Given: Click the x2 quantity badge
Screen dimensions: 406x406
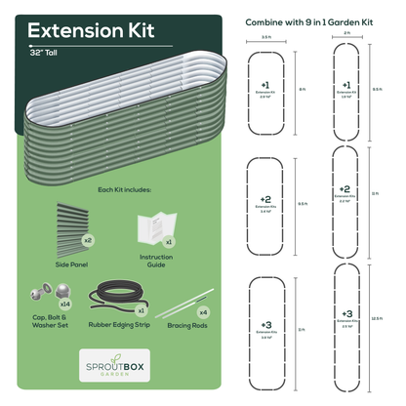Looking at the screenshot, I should point(88,239).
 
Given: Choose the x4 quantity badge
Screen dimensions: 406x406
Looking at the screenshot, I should point(203,311).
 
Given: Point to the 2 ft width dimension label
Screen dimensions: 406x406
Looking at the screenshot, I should point(348,34).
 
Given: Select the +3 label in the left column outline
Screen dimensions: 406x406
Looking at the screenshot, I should point(266,323).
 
